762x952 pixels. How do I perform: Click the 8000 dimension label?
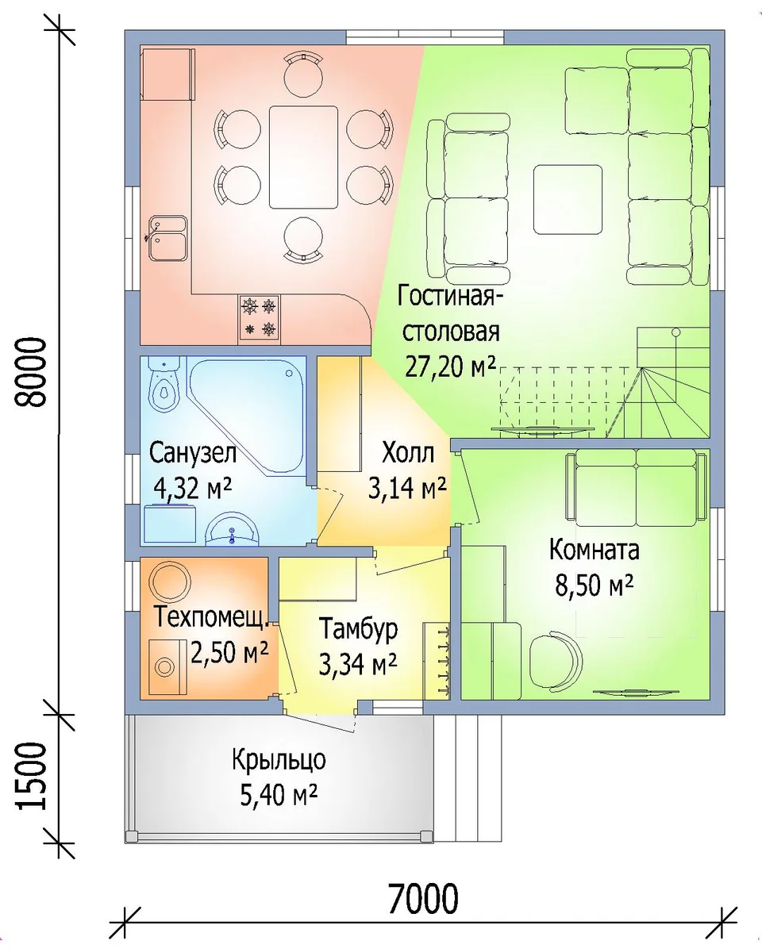(30, 372)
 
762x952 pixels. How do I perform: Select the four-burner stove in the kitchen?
(260, 317)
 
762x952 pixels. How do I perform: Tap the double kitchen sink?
(167, 238)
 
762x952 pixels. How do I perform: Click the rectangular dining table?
(304, 157)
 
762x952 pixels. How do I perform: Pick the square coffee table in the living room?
(568, 199)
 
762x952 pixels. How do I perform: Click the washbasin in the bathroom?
(232, 528)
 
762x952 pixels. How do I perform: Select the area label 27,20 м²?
(449, 366)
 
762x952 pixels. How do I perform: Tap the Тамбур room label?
(358, 628)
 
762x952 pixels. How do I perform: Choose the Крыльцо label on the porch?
(279, 759)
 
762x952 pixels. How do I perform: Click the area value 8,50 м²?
(595, 585)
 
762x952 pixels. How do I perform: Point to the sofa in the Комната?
(636, 486)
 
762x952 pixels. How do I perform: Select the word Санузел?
(193, 453)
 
